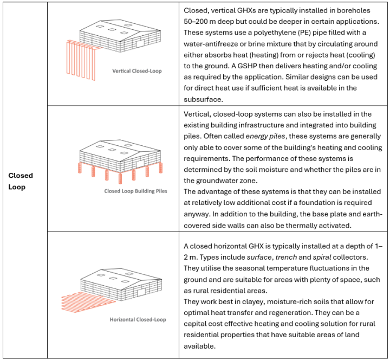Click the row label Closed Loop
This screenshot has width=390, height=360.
click(x=21, y=181)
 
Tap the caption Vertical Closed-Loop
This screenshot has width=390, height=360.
click(x=136, y=71)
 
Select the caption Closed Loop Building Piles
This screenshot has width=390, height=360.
click(x=135, y=191)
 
